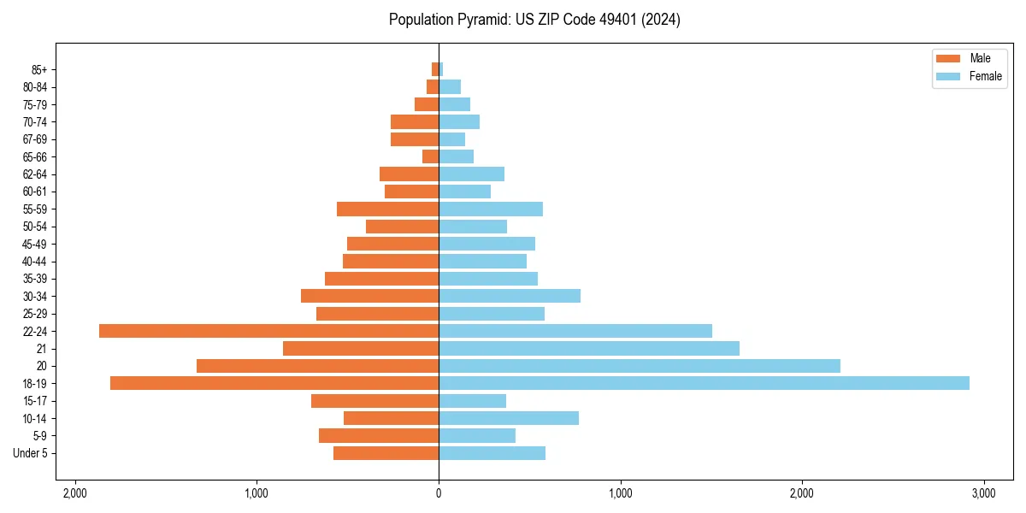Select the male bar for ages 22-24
(268, 331)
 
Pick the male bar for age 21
(361, 348)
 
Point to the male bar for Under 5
(386, 453)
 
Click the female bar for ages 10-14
(509, 418)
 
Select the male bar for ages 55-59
(387, 209)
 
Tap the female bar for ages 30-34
(510, 296)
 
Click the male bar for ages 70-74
(415, 121)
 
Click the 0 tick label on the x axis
(439, 493)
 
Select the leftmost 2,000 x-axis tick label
(75, 493)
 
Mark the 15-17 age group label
(35, 401)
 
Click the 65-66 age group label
(35, 156)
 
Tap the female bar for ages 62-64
(471, 174)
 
